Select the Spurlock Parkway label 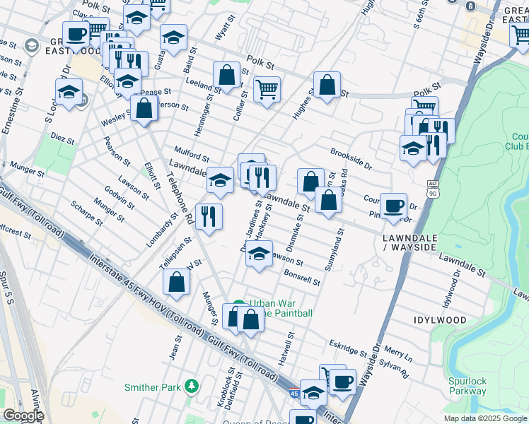[467, 386]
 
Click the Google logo [23, 416]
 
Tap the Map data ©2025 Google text [484, 418]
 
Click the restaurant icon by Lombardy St [208, 216]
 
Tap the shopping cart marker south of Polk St [267, 89]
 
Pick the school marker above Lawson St [260, 254]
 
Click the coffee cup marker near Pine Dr [394, 206]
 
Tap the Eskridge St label [348, 348]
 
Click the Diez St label [62, 141]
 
